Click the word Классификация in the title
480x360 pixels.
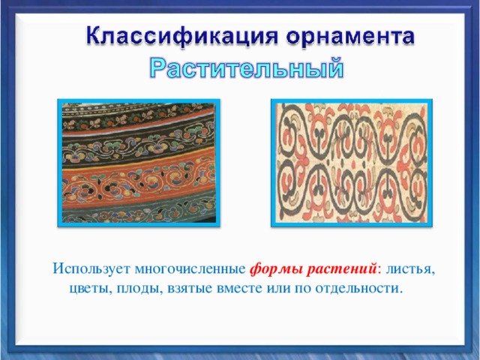(x=182, y=37)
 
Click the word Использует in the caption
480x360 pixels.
(x=91, y=268)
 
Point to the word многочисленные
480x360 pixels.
(x=190, y=268)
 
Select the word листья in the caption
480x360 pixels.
(x=410, y=269)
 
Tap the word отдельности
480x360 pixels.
(x=358, y=289)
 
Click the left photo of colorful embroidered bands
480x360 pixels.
(x=139, y=163)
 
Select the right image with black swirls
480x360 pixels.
(x=352, y=163)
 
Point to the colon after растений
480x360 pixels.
(x=379, y=271)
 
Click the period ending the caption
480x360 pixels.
(x=401, y=292)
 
